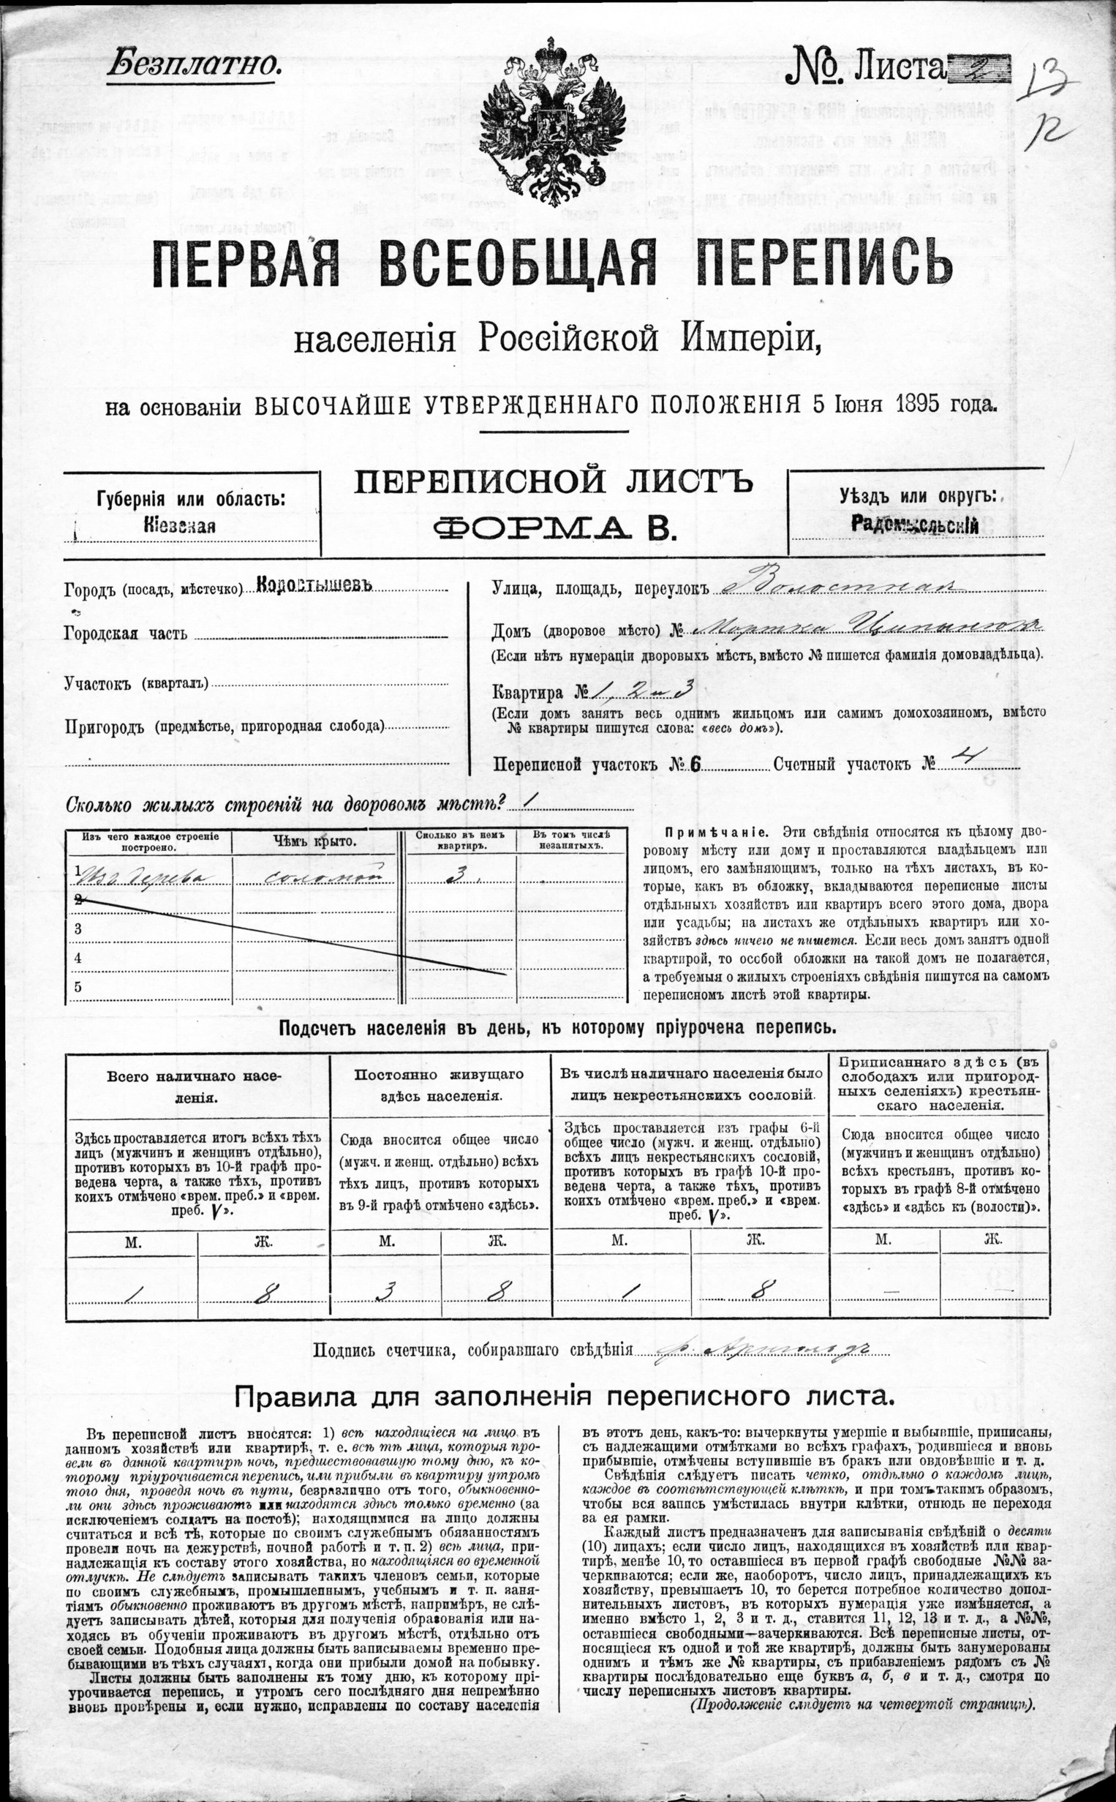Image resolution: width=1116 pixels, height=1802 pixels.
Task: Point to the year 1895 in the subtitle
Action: coord(916,404)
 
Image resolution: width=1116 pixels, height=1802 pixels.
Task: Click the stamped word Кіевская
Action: coord(180,525)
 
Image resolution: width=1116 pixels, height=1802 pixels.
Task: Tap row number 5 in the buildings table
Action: coord(79,986)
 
